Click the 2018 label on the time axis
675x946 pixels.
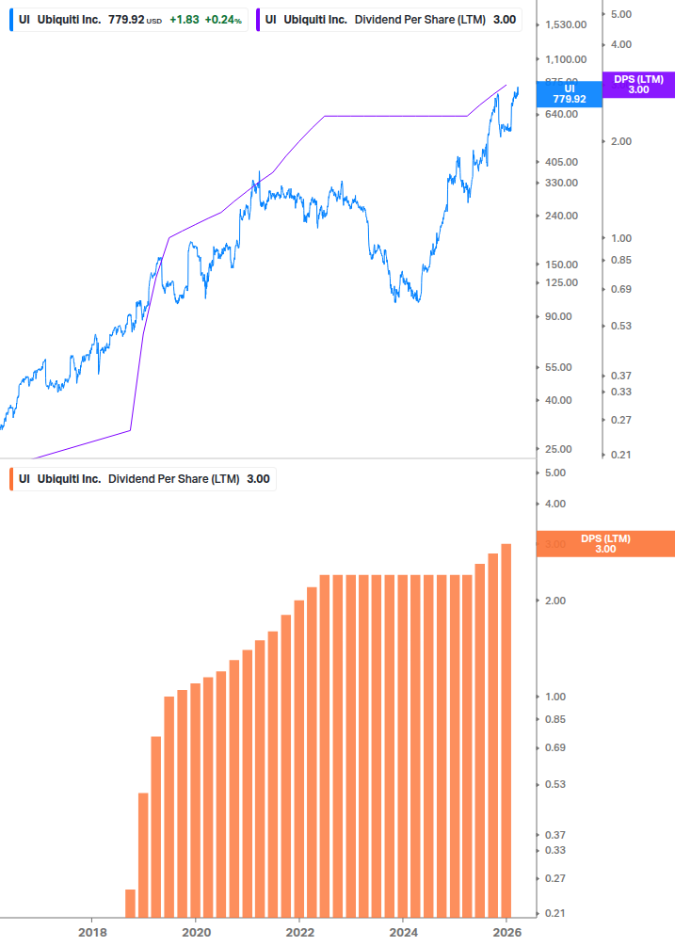(x=91, y=932)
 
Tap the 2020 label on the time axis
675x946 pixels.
(x=195, y=932)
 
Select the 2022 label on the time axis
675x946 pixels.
(x=299, y=932)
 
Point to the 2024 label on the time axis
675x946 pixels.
(x=403, y=932)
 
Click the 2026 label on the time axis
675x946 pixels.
(x=506, y=932)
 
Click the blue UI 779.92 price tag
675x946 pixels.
(x=569, y=93)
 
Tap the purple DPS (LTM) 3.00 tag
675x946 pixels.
(x=638, y=85)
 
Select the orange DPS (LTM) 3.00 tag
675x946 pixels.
(x=605, y=544)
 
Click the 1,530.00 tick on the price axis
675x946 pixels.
(x=567, y=24)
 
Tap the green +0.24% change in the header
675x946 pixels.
(x=223, y=19)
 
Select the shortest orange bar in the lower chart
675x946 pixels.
(x=130, y=904)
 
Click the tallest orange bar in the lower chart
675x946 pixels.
(x=506, y=730)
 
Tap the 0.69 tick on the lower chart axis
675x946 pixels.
(x=554, y=748)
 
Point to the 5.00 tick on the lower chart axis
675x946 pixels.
(x=554, y=473)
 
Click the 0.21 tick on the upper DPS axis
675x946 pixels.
(x=620, y=456)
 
